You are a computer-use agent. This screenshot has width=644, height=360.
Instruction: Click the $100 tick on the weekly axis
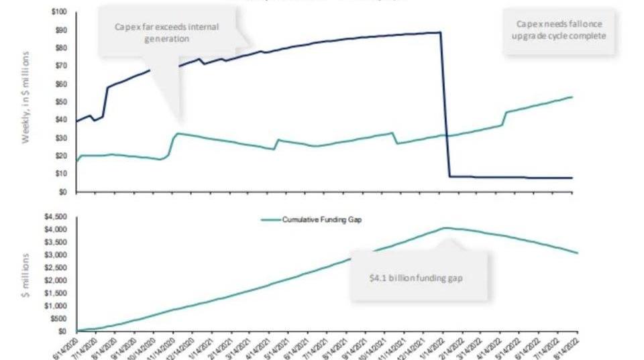(57, 12)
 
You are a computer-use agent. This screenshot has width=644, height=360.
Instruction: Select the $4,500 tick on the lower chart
(56, 217)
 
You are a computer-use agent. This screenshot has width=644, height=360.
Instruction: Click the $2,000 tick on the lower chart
(56, 280)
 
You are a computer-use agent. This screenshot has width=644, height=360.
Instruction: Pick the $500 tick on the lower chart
(58, 318)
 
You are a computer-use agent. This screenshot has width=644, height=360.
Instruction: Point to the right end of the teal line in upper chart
(572, 97)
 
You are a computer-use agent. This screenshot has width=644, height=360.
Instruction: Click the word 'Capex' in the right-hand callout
(528, 23)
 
